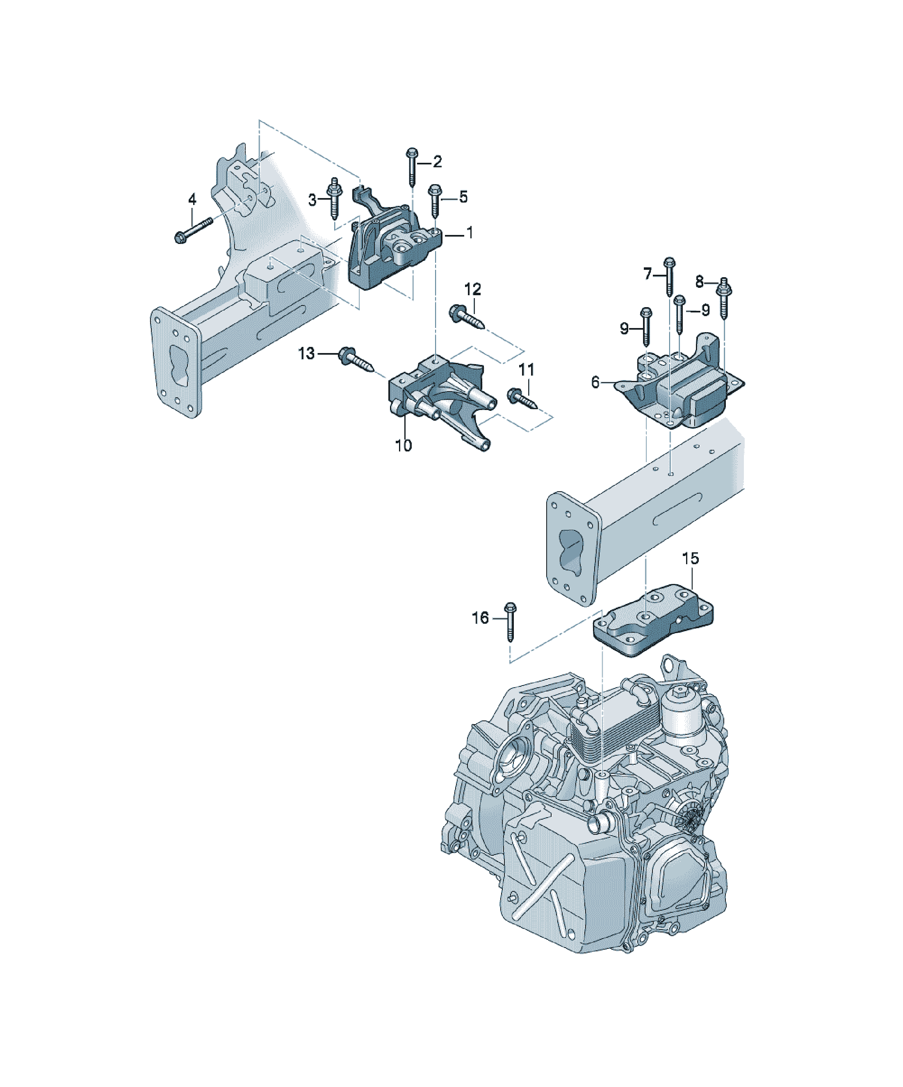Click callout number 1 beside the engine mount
(470, 233)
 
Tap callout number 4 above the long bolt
(192, 199)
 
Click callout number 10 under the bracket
(404, 445)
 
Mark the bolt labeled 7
(669, 276)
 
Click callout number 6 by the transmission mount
(595, 383)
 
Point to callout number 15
(690, 558)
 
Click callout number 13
(306, 353)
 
